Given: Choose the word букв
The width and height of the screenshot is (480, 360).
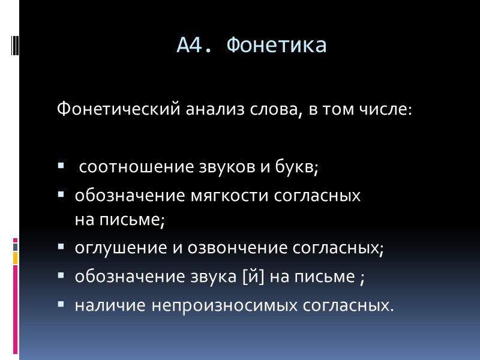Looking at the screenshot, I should pos(293,166).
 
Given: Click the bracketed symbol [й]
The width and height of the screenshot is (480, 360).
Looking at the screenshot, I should pos(254,277).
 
